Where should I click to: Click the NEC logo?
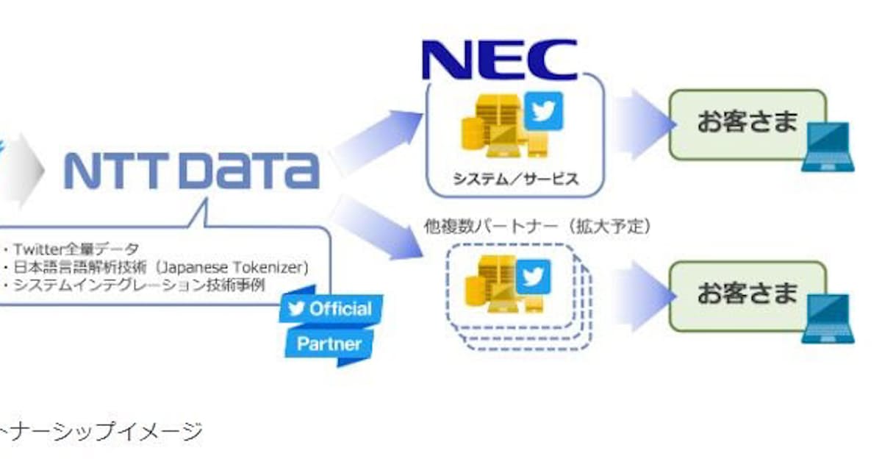tap(500, 60)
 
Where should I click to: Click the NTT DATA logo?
tap(192, 171)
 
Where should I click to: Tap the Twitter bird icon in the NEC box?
tap(544, 111)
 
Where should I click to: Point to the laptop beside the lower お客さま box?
tap(828, 320)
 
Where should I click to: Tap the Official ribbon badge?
tap(331, 308)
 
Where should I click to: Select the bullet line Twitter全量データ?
tap(74, 249)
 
